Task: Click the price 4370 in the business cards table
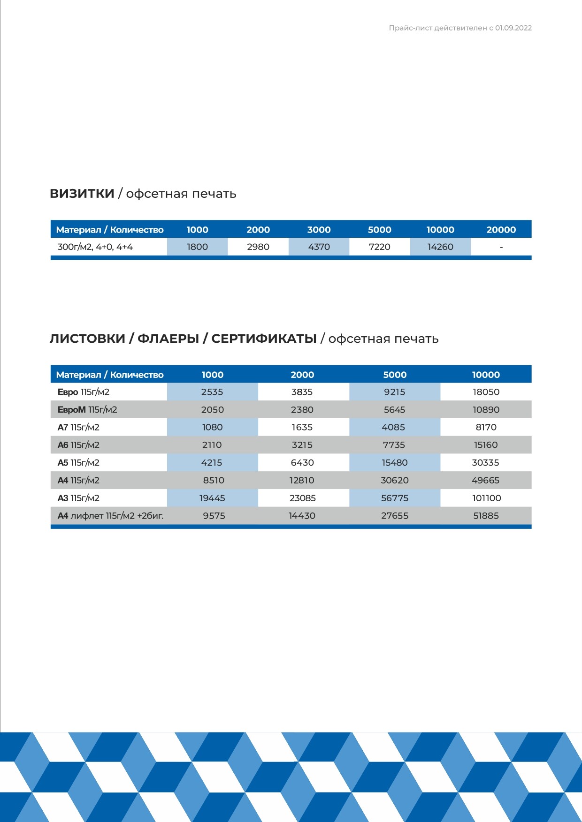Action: [319, 247]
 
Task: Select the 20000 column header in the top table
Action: [501, 230]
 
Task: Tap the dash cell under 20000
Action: [501, 247]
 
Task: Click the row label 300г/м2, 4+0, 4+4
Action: [95, 247]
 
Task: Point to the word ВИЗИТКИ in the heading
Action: [82, 194]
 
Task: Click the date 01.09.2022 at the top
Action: [513, 28]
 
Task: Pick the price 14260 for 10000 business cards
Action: [440, 247]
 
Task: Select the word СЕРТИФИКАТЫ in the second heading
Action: [264, 339]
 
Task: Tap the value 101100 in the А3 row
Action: [486, 498]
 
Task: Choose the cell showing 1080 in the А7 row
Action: [212, 427]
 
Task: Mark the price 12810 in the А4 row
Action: [302, 480]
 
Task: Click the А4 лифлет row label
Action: [110, 516]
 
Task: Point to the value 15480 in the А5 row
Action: [394, 463]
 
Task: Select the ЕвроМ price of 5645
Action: [394, 410]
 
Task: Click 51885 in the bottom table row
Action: [486, 516]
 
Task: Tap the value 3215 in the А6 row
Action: [302, 445]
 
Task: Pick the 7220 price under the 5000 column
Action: [379, 247]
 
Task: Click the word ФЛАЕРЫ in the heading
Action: [168, 339]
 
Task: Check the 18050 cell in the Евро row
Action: [486, 392]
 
